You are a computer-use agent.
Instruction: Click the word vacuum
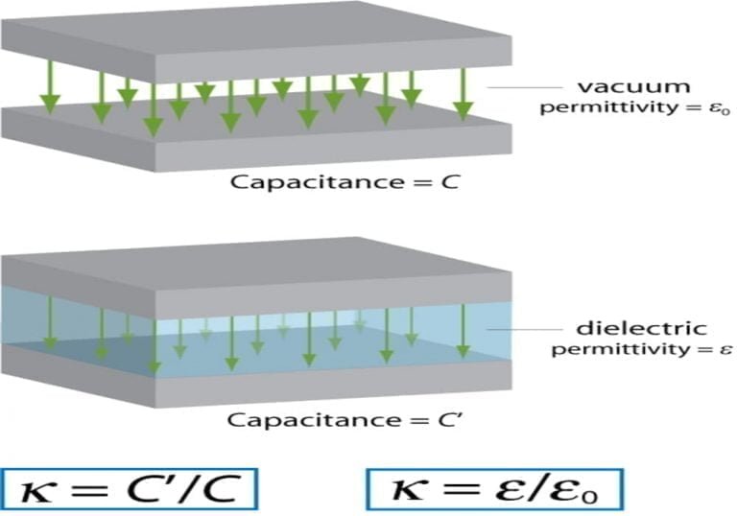coord(633,87)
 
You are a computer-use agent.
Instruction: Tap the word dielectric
coord(642,328)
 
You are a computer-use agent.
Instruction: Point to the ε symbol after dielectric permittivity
coord(725,350)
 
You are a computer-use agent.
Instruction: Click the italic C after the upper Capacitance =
coord(451,182)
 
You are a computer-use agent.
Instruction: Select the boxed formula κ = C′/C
coord(130,489)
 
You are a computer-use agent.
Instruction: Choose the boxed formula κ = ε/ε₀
coord(495,489)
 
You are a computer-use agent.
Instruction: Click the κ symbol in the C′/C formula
coord(36,493)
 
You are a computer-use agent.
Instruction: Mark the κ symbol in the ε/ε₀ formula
coord(406,491)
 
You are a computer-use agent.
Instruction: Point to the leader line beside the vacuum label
coord(525,87)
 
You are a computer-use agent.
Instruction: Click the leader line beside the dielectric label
coord(524,329)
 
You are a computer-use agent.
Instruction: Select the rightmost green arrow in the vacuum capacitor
coord(463,93)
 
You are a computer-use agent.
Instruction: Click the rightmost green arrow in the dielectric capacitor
coord(463,330)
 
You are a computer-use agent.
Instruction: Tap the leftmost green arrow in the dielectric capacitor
coord(50,324)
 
